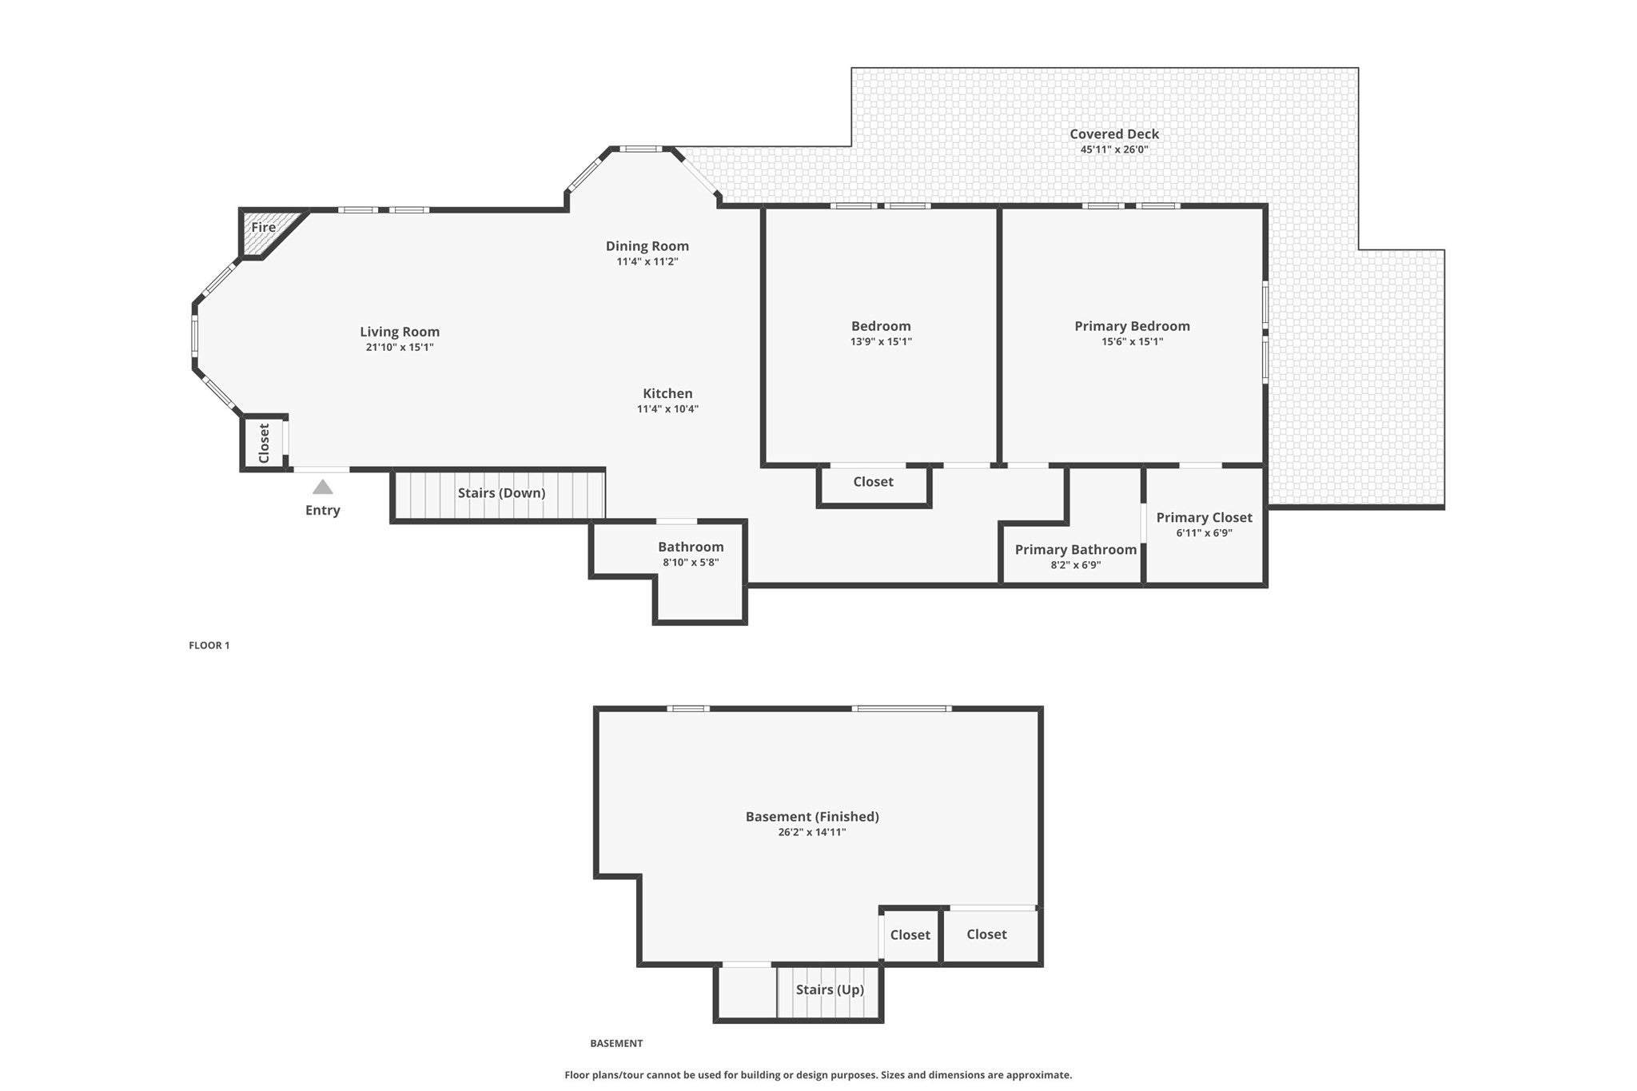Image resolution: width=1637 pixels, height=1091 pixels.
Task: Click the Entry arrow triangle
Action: (x=322, y=487)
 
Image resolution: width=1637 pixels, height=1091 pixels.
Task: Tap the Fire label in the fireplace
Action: (x=264, y=227)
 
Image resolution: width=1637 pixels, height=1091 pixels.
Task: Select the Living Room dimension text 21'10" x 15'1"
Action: (x=400, y=347)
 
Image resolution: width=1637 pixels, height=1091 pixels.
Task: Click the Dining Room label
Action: (x=647, y=246)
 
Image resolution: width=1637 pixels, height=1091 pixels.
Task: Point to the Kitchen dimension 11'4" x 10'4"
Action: (x=667, y=409)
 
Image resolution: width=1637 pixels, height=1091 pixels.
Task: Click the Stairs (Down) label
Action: (x=501, y=493)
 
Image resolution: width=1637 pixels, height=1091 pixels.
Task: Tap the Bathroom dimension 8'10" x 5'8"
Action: (x=691, y=563)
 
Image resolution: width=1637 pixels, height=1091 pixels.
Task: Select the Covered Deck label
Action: (x=1114, y=134)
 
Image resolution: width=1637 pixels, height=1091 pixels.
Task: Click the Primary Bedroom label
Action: (x=1132, y=326)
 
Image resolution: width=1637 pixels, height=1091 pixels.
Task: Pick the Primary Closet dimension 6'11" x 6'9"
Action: (x=1204, y=533)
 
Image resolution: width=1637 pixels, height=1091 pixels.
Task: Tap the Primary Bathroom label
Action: (x=1076, y=550)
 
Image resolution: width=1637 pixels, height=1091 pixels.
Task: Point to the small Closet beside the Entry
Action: (x=264, y=443)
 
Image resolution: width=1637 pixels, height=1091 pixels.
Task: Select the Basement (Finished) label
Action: (x=812, y=817)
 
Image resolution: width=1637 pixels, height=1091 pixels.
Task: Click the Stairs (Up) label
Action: (x=830, y=989)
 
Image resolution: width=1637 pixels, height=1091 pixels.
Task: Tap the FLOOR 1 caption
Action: (x=209, y=645)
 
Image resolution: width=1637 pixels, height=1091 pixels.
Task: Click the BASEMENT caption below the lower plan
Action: (x=616, y=1043)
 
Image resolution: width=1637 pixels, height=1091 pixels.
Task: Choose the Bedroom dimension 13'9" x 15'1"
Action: (x=881, y=342)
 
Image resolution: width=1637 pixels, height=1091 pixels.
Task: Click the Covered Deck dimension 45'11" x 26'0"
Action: (x=1114, y=149)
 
